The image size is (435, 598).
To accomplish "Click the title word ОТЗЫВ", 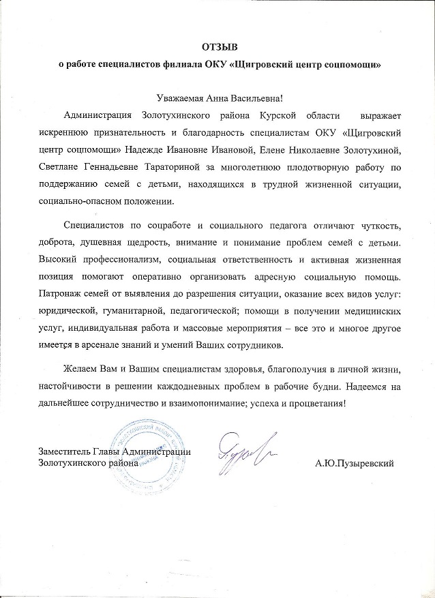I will point(217,46).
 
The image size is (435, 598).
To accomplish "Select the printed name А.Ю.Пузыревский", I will point(355,463).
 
